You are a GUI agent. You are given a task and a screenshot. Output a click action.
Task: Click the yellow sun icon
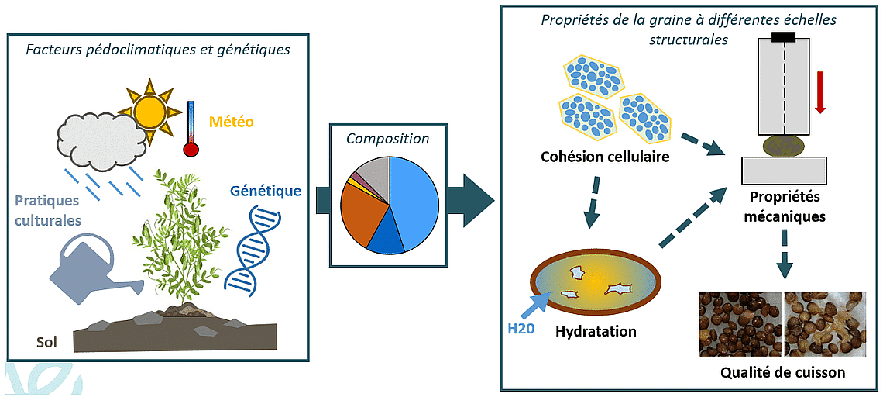click(149, 110)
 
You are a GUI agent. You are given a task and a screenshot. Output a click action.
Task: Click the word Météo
click(232, 122)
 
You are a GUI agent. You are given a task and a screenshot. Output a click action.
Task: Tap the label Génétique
click(266, 190)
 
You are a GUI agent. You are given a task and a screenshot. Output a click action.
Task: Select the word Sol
click(47, 342)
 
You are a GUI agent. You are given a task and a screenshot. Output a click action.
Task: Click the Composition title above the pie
click(387, 139)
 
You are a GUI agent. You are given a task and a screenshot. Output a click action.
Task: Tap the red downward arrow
click(821, 92)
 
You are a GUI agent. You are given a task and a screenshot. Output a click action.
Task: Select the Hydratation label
click(596, 332)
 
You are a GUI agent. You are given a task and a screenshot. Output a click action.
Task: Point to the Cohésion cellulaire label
click(605, 158)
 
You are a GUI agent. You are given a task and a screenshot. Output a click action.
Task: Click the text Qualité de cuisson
click(782, 372)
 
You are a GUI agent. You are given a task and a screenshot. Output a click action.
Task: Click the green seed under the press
click(784, 145)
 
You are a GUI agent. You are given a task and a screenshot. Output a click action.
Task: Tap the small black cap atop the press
click(784, 36)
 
